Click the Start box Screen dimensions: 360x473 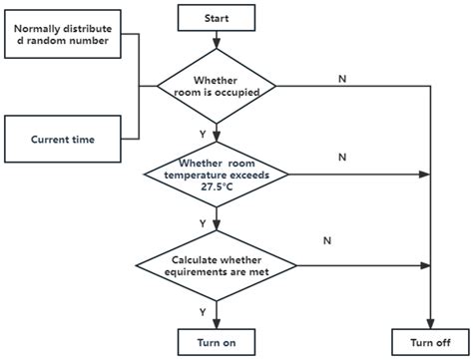tap(217, 17)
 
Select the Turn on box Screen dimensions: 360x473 tap(217, 342)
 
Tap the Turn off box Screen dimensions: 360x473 tap(429, 342)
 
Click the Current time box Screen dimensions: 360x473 tap(62, 140)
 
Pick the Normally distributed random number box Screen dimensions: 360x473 tap(62, 34)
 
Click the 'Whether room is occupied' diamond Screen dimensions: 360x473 tap(217, 87)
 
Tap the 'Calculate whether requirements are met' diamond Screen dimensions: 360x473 tap(217, 265)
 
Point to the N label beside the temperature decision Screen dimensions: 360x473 tap(342, 157)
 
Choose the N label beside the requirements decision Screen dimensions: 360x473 tap(326, 240)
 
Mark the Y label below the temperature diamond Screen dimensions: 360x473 tap(204, 222)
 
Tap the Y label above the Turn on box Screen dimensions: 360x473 tap(204, 311)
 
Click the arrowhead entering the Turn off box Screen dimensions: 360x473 tap(429, 322)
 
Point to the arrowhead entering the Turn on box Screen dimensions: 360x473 tap(217, 322)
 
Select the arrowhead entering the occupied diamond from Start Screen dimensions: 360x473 tap(217, 46)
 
